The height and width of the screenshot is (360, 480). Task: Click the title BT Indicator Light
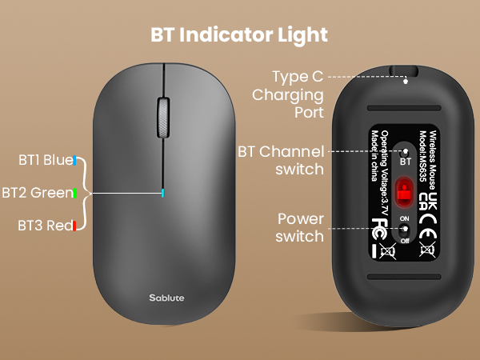click(239, 35)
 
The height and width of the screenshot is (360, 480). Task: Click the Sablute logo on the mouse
click(166, 298)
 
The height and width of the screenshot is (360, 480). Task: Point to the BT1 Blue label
click(45, 160)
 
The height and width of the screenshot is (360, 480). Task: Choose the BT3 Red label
click(44, 226)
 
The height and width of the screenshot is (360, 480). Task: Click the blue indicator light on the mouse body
click(162, 193)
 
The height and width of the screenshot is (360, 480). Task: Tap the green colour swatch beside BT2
click(74, 193)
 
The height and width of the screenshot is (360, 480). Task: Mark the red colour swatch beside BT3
click(74, 226)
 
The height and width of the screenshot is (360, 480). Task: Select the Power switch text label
click(299, 227)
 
